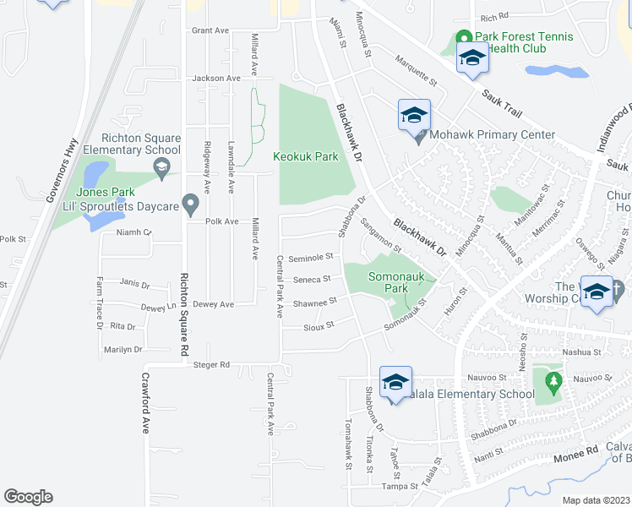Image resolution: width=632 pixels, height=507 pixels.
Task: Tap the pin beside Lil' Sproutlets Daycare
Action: (191, 204)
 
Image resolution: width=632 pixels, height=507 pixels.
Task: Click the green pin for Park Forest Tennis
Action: (463, 38)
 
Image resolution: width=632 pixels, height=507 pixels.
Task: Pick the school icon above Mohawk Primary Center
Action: (414, 117)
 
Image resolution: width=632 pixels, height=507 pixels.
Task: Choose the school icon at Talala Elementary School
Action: (395, 383)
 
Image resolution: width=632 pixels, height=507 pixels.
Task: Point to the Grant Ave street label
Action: (210, 30)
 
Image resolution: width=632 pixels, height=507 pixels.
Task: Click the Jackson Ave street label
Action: (216, 79)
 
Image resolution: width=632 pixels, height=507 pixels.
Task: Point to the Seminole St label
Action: (311, 258)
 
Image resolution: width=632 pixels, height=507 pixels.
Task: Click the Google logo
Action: (28, 497)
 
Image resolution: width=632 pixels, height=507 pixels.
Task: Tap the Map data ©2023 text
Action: (595, 500)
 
